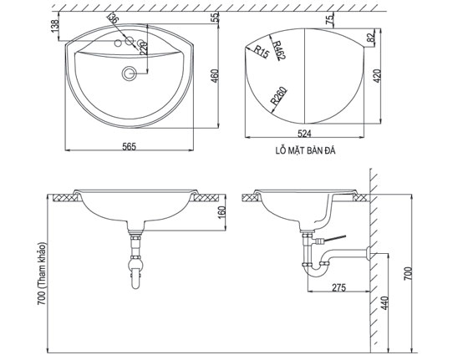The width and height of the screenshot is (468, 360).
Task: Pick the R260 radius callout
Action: [278, 94]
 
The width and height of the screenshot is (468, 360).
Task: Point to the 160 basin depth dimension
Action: [221, 214]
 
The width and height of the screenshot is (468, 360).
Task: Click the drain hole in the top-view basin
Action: [128, 74]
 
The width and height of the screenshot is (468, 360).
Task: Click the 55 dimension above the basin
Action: [215, 18]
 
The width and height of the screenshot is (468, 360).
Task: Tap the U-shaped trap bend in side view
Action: [316, 270]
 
